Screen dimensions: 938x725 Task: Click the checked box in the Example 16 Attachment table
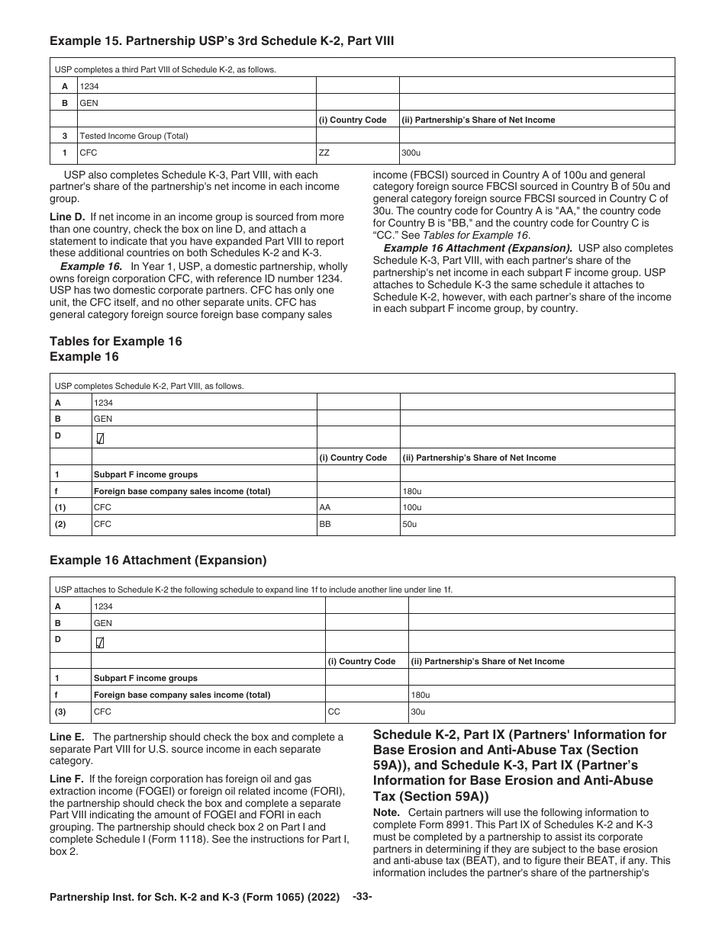pos(100,642)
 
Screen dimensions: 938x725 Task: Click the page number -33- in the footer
pos(362,897)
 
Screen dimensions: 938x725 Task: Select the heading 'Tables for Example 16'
pos(116,342)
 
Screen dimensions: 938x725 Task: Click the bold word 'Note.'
pos(386,813)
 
